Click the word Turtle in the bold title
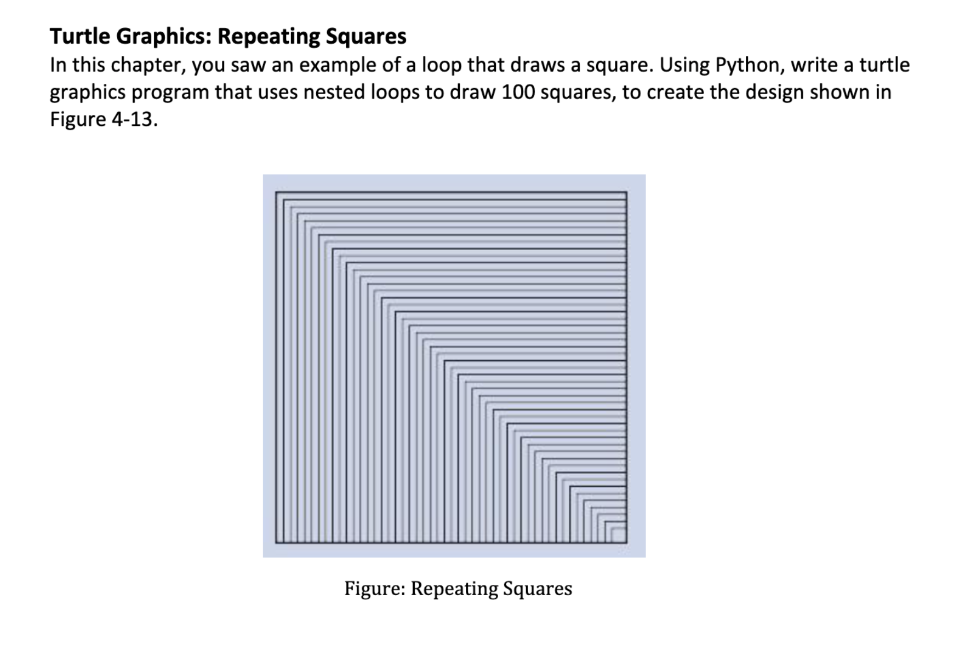[x=80, y=36]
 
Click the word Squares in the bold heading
[x=366, y=36]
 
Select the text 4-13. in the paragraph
[x=135, y=119]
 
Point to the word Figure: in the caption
[x=375, y=589]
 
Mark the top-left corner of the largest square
[x=276, y=193]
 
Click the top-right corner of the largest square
[x=626, y=193]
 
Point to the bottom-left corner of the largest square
[x=276, y=542]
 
